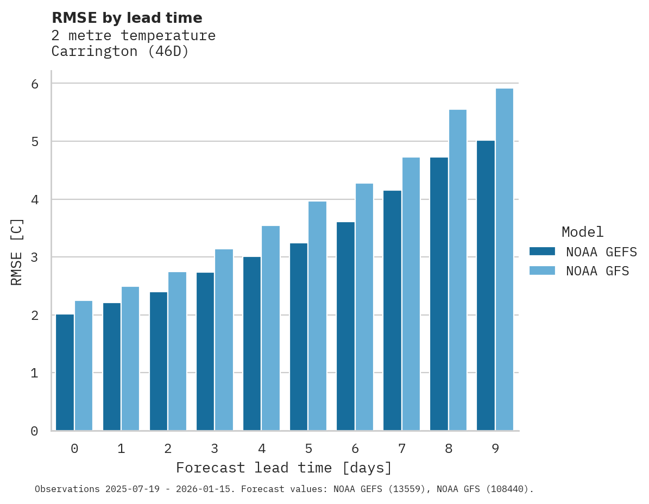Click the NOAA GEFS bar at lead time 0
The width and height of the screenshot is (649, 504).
click(65, 373)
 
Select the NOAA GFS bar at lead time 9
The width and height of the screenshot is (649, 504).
click(505, 260)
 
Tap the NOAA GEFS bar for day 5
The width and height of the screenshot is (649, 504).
click(299, 337)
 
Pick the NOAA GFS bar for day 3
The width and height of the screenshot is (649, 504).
click(224, 340)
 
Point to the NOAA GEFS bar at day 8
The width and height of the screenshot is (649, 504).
click(439, 294)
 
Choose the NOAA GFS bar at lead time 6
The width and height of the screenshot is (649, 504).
click(364, 307)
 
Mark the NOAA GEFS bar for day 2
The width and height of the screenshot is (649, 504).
click(159, 361)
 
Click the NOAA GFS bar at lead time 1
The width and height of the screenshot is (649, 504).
click(130, 358)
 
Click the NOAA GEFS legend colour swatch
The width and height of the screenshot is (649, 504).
click(542, 251)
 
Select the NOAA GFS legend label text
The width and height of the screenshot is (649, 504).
click(597, 271)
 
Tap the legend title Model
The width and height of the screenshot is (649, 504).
click(583, 232)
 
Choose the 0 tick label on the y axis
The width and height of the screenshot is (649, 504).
click(34, 431)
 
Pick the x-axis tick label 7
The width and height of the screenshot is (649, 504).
click(402, 449)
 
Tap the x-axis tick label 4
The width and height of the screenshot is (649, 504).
click(262, 449)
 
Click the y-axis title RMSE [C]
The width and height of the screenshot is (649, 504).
click(17, 251)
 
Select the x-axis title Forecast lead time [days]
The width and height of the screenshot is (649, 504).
click(284, 468)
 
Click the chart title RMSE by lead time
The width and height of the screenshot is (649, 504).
click(127, 18)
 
